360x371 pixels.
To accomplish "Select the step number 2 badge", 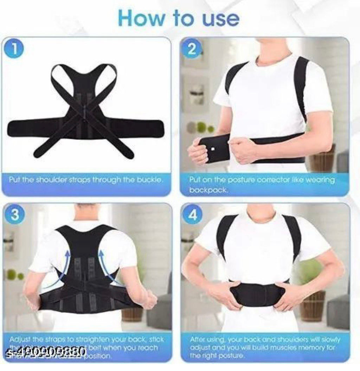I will (192, 49).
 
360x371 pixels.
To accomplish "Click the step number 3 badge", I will (14, 215).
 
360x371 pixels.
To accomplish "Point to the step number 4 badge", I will (193, 215).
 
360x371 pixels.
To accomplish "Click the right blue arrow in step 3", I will (107, 264).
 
